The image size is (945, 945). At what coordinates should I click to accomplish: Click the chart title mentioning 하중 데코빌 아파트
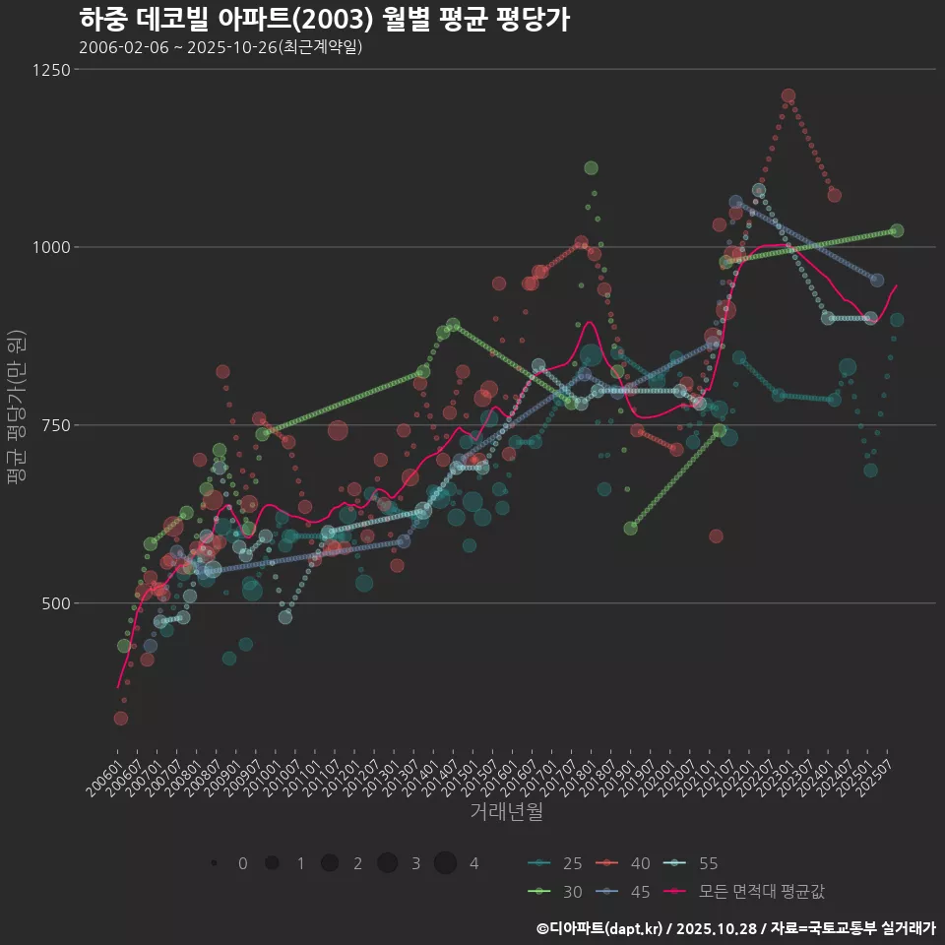[324, 20]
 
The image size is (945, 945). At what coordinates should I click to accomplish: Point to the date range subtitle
[221, 47]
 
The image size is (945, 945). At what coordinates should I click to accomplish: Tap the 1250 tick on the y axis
[51, 70]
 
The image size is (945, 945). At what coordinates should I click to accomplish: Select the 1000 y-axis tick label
[51, 248]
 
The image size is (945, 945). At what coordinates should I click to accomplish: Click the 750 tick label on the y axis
[55, 425]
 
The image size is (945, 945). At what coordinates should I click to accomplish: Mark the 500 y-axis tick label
[55, 603]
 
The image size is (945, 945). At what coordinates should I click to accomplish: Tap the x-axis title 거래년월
[506, 812]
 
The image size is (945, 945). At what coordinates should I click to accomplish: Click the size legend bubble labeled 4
[445, 863]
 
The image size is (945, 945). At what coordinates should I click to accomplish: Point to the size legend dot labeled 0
[214, 863]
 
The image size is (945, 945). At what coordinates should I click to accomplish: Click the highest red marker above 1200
[788, 96]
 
